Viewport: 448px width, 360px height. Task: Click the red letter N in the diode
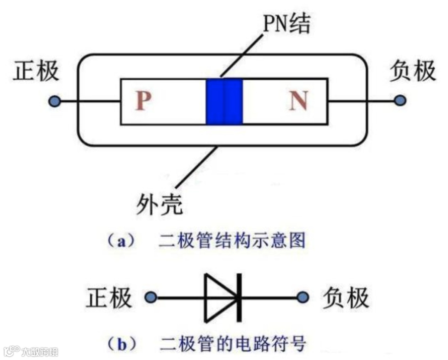pos(299,101)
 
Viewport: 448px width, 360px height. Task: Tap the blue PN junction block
pos(224,101)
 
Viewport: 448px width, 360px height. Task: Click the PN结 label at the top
pos(287,25)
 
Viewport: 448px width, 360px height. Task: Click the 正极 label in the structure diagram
pos(36,71)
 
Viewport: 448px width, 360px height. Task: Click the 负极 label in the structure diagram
pos(413,71)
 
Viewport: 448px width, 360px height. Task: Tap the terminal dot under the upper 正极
pos(54,101)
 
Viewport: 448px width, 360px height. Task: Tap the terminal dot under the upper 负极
pos(400,100)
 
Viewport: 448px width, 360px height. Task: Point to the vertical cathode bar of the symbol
pos(239,297)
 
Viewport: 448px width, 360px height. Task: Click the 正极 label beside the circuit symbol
pos(109,298)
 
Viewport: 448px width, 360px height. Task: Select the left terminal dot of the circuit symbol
pos(151,297)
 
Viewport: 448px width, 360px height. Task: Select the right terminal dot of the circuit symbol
pos(304,297)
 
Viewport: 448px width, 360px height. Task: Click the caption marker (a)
pos(121,241)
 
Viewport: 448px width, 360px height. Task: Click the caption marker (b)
pos(121,344)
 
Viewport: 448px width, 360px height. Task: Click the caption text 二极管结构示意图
pos(232,241)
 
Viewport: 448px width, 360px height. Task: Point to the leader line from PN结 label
pos(241,56)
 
